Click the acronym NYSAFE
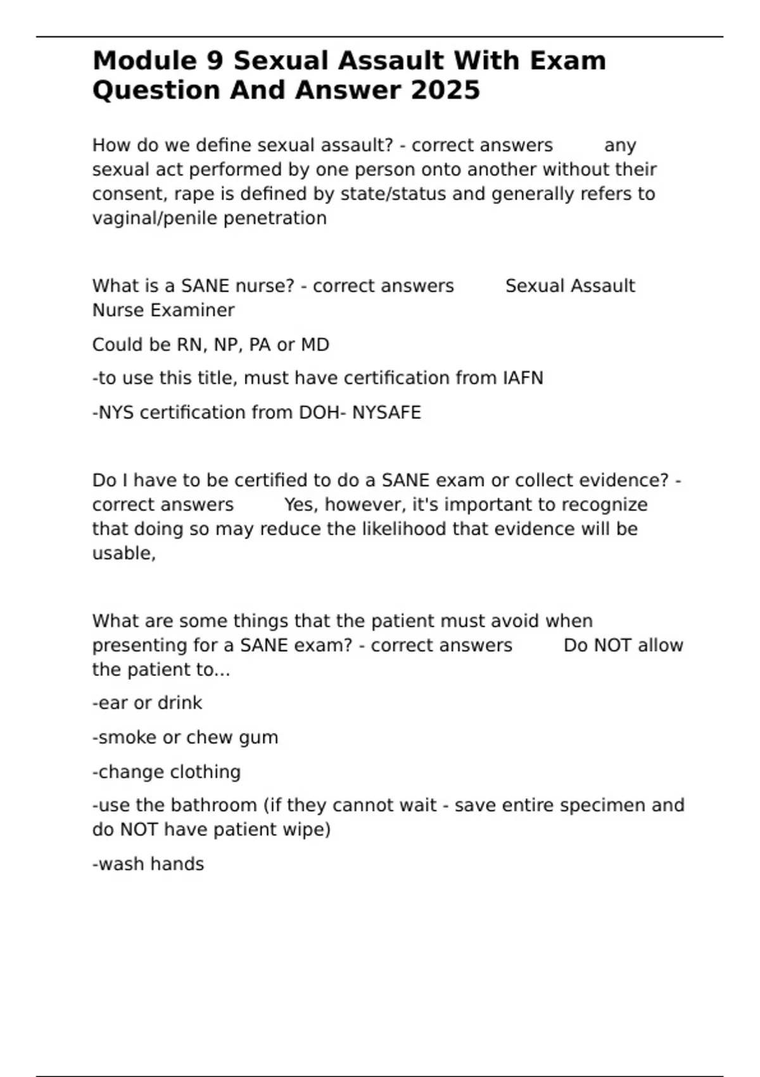(386, 412)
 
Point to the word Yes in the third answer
(301, 505)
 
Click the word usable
(123, 553)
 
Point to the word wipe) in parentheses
(306, 830)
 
